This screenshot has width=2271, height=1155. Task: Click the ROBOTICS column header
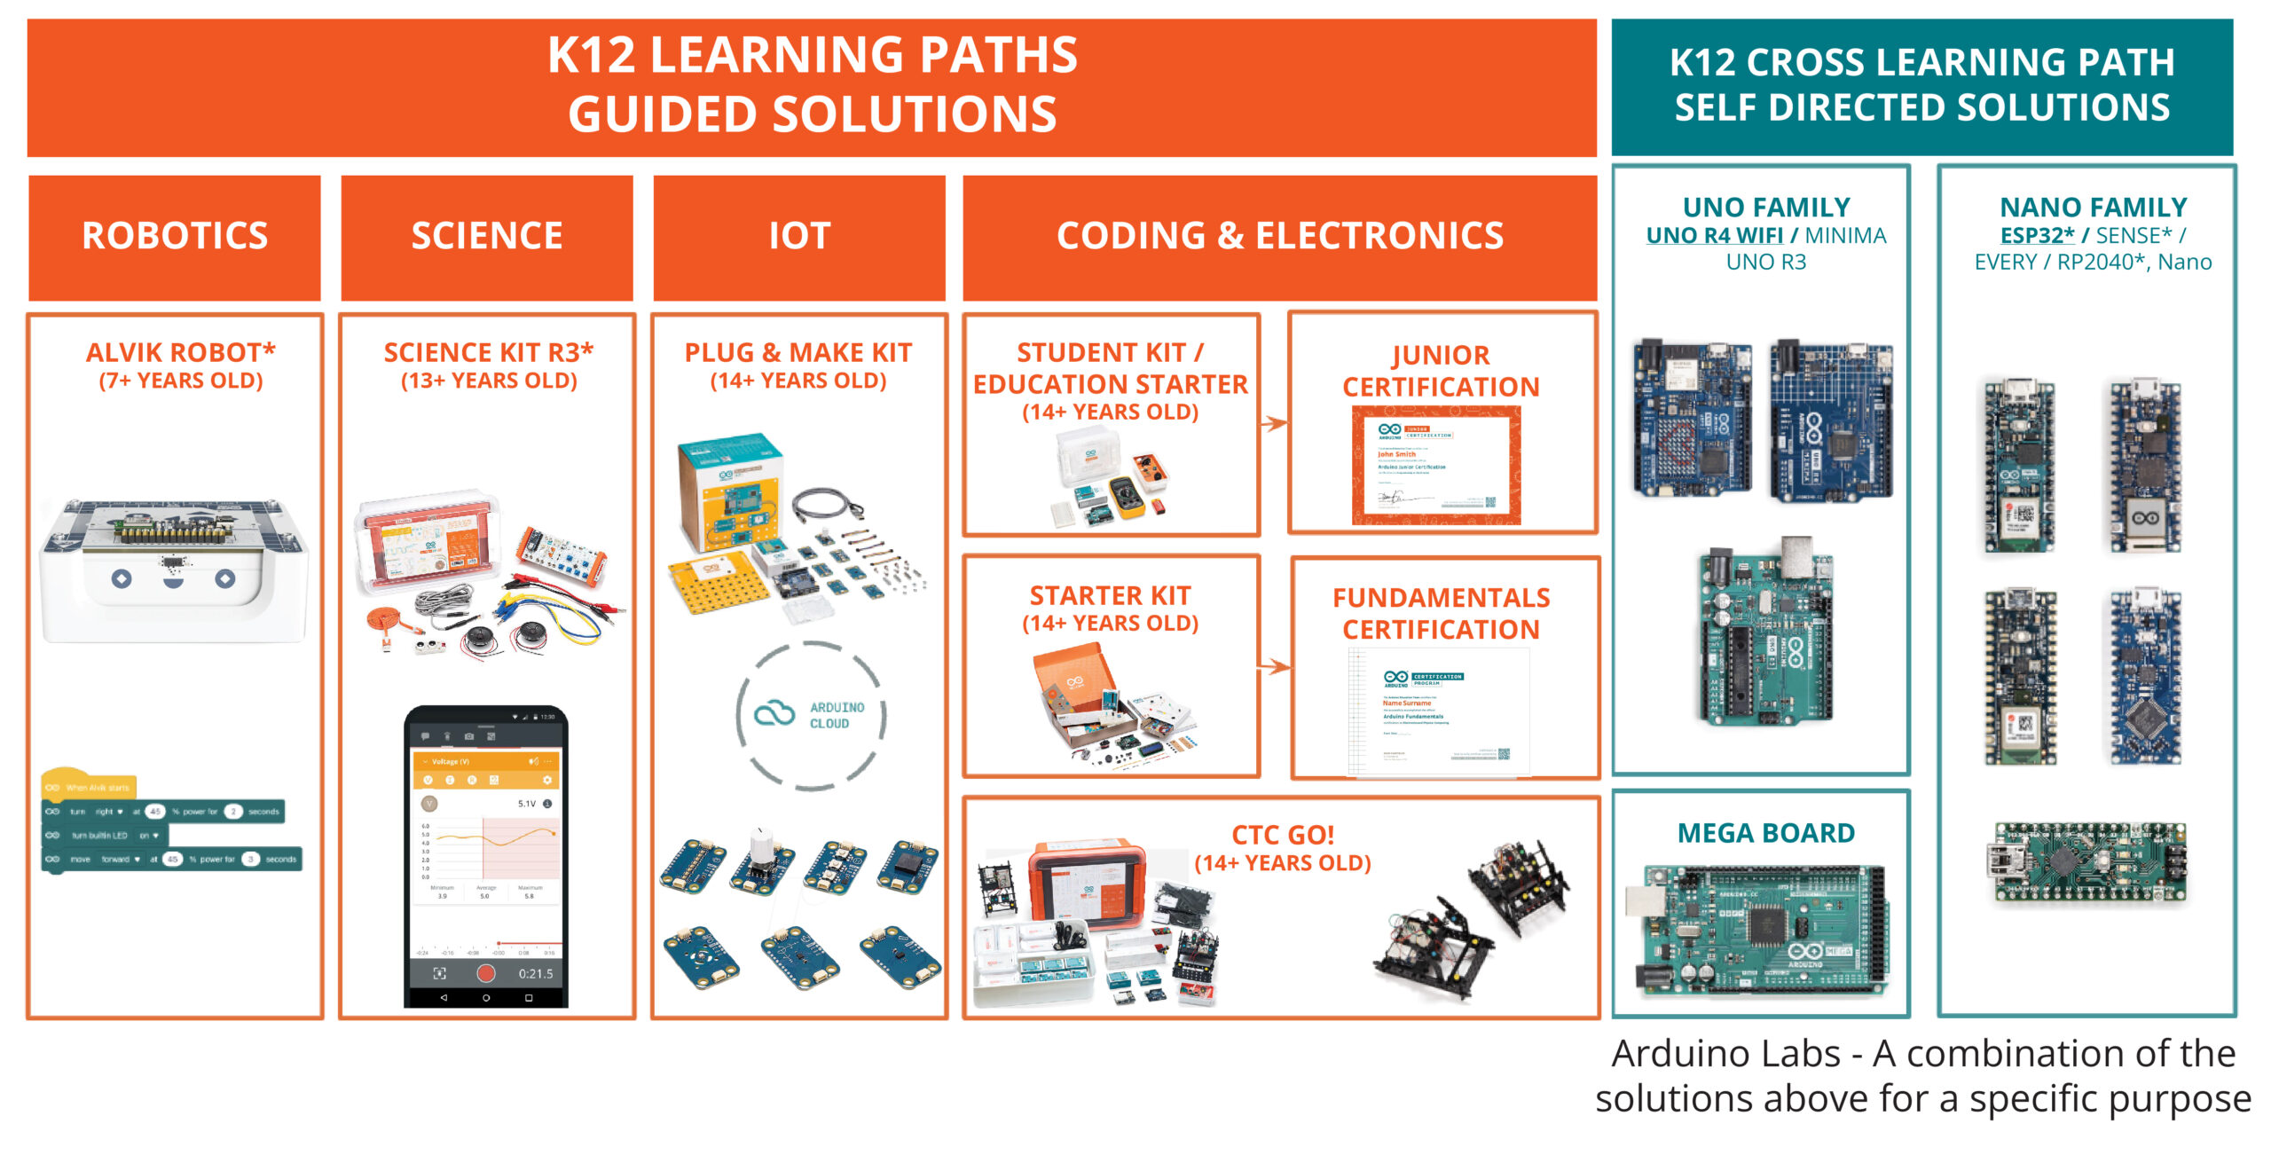pos(175,236)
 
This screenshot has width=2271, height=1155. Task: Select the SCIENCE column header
pos(487,236)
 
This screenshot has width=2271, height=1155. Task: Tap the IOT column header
pos(799,236)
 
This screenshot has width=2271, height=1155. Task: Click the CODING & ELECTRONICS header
pos(1279,236)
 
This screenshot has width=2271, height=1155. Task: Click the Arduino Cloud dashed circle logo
pos(811,715)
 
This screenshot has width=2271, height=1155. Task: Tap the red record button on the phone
pos(485,973)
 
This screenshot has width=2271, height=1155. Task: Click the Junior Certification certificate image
pos(1436,465)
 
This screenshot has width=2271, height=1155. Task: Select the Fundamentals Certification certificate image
pos(1438,712)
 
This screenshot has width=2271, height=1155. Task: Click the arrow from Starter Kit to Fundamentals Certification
pos(1275,666)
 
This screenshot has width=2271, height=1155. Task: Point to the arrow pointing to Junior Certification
pos(1275,424)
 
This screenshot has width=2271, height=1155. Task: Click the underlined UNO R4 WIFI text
pos(1714,236)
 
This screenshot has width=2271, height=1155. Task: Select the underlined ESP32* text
pos(2037,236)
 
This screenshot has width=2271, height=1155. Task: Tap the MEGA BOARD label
pos(1765,833)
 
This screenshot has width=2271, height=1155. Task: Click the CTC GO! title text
pos(1283,835)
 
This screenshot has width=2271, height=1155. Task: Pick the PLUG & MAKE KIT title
pos(798,353)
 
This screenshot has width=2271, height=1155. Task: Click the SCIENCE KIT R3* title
pos(488,353)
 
